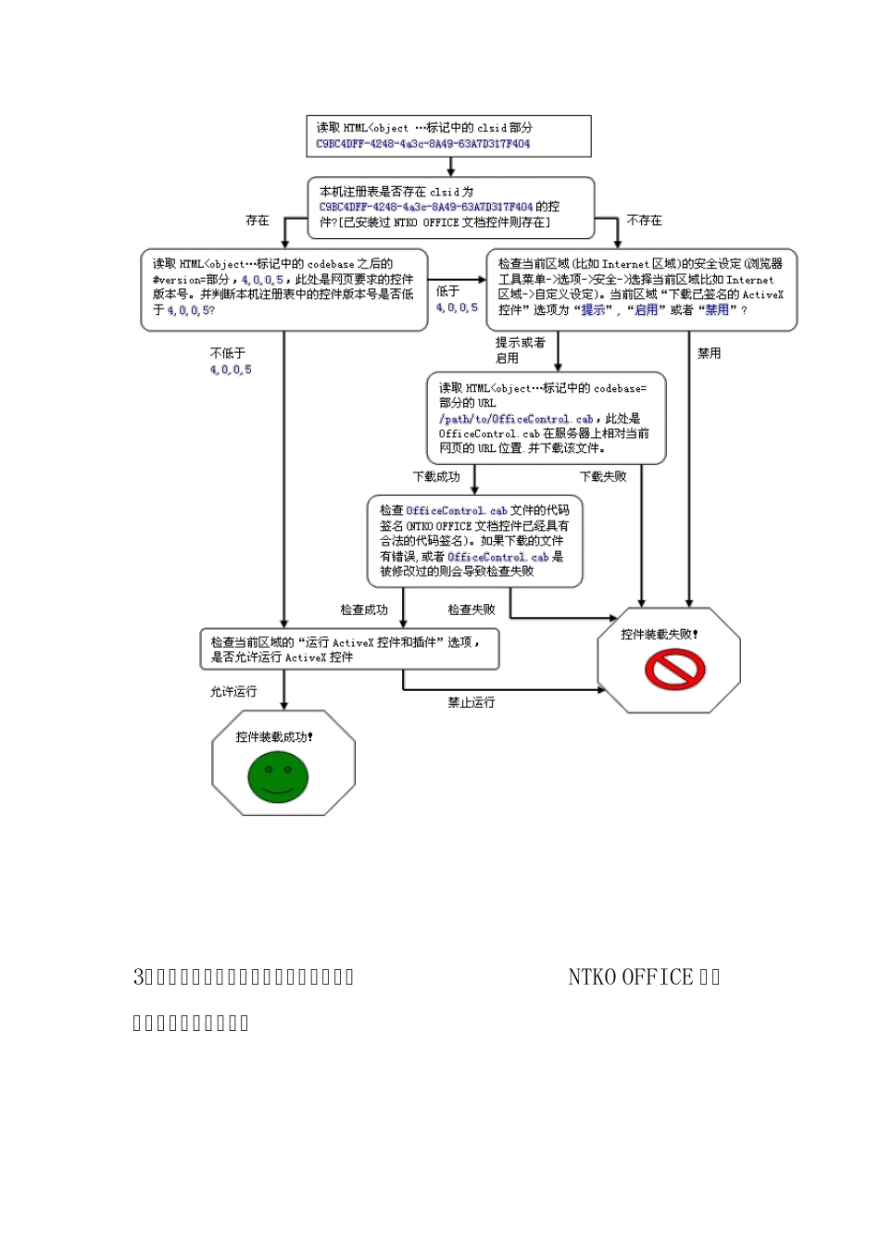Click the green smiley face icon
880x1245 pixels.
278,776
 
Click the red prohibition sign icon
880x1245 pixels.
675,669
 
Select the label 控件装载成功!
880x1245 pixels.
274,737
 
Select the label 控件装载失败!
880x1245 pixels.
660,635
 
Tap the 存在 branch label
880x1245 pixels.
258,220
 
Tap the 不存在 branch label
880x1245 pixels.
644,220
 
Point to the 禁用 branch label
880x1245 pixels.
709,354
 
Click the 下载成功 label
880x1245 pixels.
436,477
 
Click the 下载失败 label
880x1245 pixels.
603,477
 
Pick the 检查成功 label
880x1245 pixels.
364,610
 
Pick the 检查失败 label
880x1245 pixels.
471,610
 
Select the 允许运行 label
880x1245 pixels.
233,692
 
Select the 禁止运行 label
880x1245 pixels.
471,703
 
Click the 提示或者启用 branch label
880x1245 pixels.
520,350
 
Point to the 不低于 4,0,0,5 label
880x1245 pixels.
231,361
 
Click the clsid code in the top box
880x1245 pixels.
423,145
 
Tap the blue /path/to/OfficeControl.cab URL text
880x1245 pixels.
516,419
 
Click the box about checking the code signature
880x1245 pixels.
474,541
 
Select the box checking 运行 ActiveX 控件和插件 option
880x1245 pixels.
349,649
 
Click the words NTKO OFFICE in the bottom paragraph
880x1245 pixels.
630,977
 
